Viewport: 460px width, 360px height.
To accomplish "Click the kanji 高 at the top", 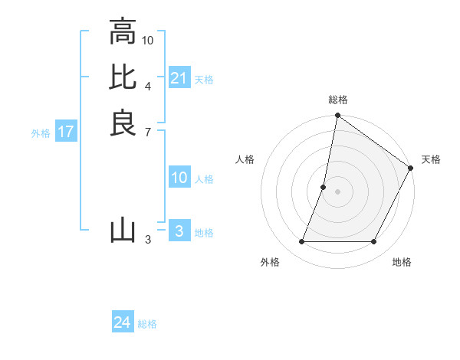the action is click(123, 32).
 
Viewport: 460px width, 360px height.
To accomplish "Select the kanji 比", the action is click(123, 77).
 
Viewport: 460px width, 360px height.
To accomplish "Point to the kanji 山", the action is click(123, 230).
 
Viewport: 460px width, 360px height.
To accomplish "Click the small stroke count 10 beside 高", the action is click(148, 40).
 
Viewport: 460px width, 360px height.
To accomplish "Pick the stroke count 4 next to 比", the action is click(148, 85).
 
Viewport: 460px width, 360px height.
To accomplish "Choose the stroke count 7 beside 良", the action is click(148, 133).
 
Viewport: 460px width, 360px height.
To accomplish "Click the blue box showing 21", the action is click(179, 78).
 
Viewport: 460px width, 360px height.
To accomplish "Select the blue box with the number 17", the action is click(66, 132).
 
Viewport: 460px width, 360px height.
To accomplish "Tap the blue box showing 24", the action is click(123, 322).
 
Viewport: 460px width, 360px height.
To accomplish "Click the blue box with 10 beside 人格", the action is click(179, 178).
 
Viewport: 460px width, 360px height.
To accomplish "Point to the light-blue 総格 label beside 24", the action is click(148, 324).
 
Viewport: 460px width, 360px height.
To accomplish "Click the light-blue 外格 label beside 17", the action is click(41, 133).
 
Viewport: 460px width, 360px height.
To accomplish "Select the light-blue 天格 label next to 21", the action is click(204, 80).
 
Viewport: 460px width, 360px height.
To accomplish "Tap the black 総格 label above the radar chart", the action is click(338, 100).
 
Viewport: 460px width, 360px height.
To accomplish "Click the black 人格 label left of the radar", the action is click(245, 159).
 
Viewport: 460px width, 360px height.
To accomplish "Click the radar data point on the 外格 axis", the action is click(301, 242).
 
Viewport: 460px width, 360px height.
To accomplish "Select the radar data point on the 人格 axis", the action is click(324, 187).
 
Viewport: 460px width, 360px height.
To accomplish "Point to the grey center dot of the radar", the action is click(338, 192).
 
